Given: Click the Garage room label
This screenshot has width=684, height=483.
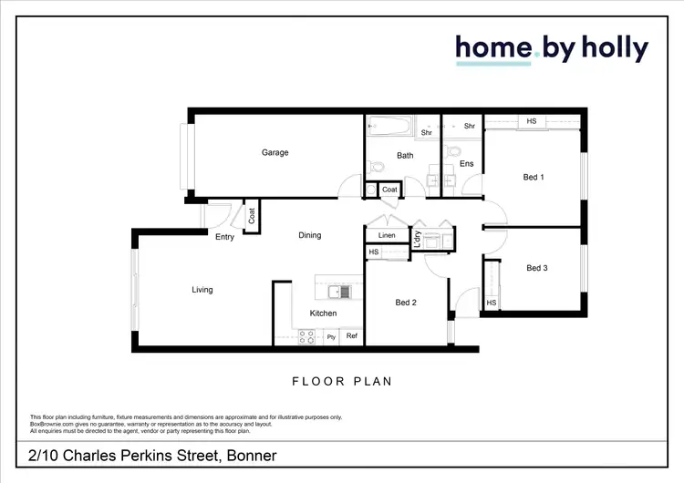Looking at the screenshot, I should (x=275, y=152).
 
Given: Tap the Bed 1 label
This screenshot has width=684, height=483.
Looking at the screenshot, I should (x=534, y=178).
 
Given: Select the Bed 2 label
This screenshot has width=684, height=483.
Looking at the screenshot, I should (x=406, y=303).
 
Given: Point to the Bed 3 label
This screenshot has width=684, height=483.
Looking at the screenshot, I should (x=537, y=268).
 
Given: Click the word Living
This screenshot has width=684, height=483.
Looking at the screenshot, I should (x=202, y=290).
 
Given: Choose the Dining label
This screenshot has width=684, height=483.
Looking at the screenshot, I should (x=310, y=235).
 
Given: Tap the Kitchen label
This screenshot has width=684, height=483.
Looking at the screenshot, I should (x=323, y=313).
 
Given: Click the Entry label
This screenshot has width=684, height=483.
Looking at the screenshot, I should (x=224, y=237).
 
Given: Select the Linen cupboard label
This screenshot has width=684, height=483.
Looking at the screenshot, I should (x=387, y=235).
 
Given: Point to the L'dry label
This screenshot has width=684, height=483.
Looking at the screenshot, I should (x=417, y=238).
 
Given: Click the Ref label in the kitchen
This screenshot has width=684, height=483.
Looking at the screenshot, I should (x=351, y=336).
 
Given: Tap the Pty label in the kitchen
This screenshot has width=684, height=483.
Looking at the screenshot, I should (x=331, y=336).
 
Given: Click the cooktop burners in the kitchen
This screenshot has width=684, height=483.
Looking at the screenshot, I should (x=306, y=336).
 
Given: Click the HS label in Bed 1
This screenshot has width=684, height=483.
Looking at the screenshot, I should (x=532, y=121).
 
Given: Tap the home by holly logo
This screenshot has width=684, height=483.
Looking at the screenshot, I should (x=552, y=48).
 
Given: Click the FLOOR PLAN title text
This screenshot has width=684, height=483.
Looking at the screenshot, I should (x=342, y=381).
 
